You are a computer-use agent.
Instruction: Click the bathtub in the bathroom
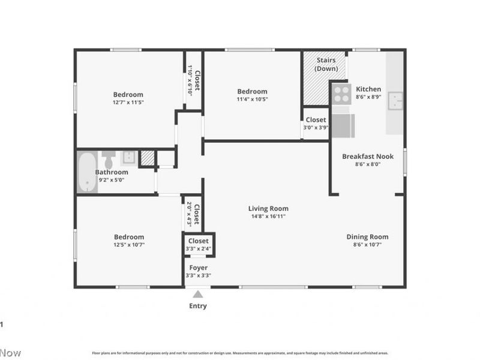[x=88, y=172]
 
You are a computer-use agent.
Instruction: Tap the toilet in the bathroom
[x=109, y=160]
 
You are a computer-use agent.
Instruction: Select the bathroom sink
[x=129, y=158]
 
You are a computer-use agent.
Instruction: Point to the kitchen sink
[x=395, y=101]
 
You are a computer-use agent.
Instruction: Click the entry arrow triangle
[x=198, y=294]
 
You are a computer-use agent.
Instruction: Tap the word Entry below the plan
[x=198, y=306]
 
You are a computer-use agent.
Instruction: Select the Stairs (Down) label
[x=326, y=65]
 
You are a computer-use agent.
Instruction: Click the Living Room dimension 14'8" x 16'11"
[x=268, y=216]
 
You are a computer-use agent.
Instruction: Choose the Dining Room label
[x=367, y=237]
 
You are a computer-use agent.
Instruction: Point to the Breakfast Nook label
[x=368, y=156]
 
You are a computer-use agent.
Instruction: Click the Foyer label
[x=198, y=268]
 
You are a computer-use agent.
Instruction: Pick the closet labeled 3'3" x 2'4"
[x=198, y=245]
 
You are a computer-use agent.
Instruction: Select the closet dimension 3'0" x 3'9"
[x=316, y=127]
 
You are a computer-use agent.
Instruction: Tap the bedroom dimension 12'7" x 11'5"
[x=128, y=102]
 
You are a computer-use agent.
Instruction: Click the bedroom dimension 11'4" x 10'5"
[x=252, y=99]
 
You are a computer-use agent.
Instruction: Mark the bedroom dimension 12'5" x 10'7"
[x=129, y=245]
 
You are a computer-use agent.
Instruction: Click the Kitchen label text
[x=368, y=89]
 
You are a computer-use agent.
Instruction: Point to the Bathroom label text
[x=111, y=172]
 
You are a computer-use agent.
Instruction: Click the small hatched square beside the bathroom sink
[x=147, y=158]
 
